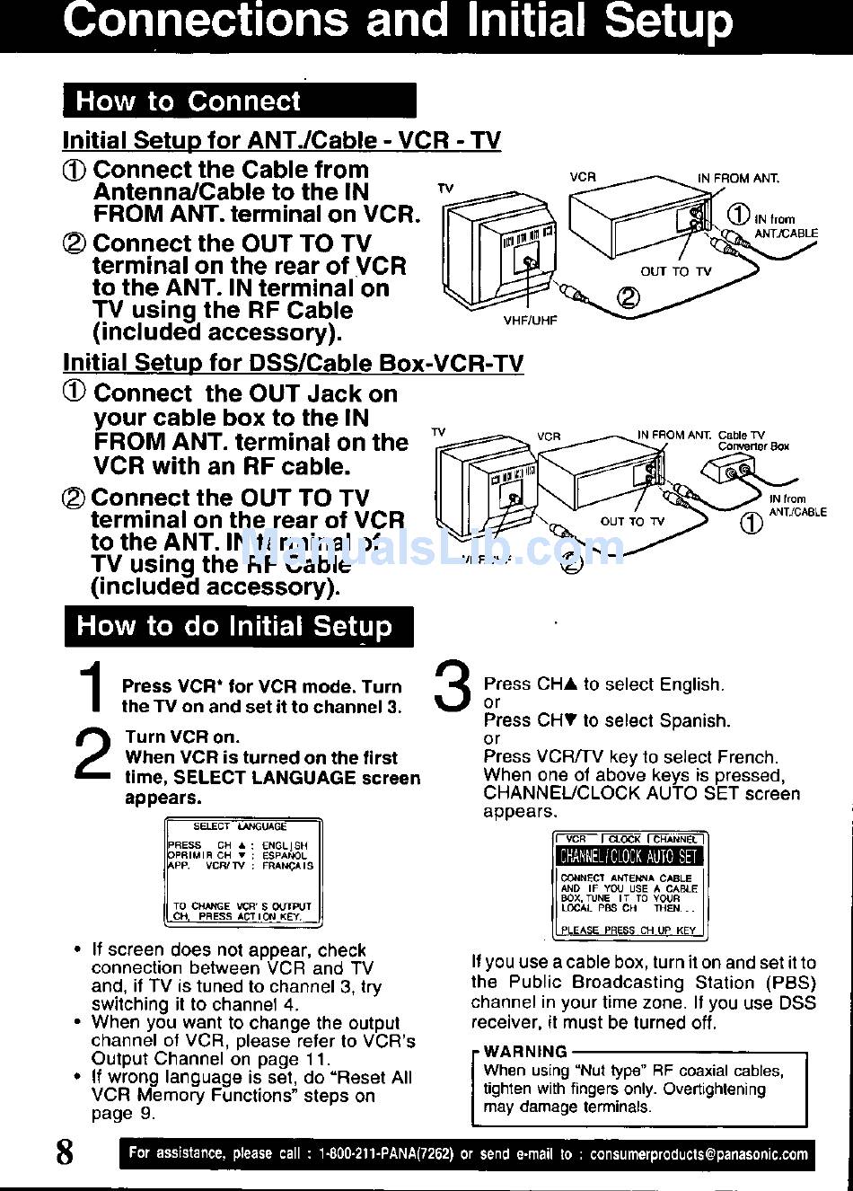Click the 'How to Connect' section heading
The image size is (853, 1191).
click(x=188, y=101)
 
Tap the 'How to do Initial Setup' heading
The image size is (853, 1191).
click(x=234, y=626)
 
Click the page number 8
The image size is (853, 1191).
click(x=65, y=1151)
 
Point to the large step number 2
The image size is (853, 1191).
click(x=92, y=754)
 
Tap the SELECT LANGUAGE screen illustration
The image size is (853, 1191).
click(x=242, y=872)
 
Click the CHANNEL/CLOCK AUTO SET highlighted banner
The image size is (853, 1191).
click(x=629, y=857)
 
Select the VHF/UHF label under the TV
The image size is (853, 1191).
click(x=530, y=320)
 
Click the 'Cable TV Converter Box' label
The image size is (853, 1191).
click(x=752, y=440)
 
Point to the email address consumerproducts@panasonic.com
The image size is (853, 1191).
click(x=699, y=1154)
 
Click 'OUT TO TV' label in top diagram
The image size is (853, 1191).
click(x=675, y=271)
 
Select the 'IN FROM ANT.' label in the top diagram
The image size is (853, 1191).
click(x=738, y=178)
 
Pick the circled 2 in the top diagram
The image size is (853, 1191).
click(x=628, y=298)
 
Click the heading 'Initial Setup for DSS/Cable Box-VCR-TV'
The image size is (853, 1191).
click(x=293, y=364)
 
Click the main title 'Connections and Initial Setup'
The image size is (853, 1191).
click(x=397, y=22)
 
